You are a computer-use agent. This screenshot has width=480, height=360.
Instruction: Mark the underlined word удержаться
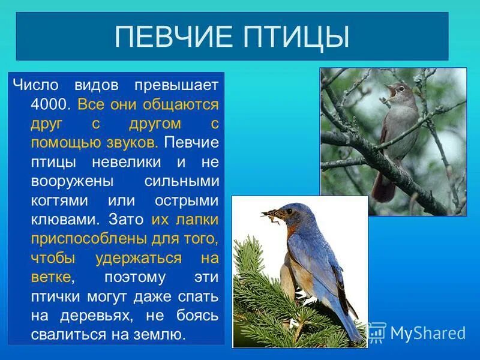click(x=138, y=257)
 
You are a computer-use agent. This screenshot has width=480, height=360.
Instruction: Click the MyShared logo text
click(x=427, y=333)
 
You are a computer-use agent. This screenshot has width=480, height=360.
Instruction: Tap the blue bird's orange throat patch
click(x=292, y=231)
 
